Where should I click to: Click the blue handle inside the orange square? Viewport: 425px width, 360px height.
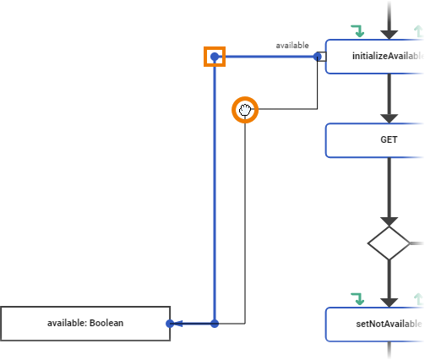click(x=215, y=57)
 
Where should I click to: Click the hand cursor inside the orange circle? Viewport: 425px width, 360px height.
click(x=245, y=110)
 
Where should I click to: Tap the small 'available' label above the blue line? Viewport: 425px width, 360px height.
click(x=292, y=45)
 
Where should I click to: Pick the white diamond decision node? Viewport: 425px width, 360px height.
click(x=389, y=243)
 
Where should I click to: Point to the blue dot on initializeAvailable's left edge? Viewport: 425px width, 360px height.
click(x=318, y=57)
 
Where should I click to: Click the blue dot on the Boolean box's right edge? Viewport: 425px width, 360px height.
click(x=170, y=324)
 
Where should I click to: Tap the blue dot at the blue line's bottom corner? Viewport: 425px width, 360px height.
click(x=215, y=324)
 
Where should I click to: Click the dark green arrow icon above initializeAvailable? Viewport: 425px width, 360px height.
click(x=358, y=31)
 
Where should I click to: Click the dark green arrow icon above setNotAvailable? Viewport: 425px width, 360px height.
click(x=358, y=298)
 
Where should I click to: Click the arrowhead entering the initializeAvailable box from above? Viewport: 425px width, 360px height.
click(x=389, y=33)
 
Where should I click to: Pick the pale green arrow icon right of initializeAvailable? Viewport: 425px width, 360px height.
click(x=417, y=31)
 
